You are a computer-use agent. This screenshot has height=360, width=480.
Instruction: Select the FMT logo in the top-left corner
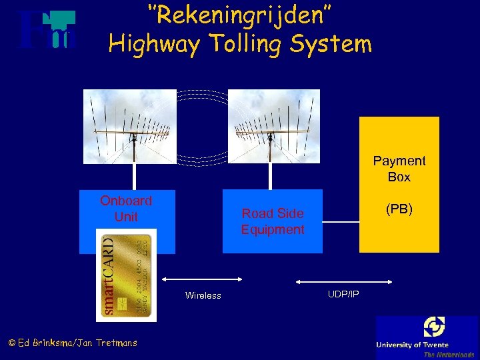pos(47,30)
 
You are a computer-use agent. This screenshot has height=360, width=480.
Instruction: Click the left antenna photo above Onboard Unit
pos(133,126)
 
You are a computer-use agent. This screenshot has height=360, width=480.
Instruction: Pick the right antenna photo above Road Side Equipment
pos(273,126)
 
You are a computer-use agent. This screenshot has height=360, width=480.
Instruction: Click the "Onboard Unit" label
pos(126,209)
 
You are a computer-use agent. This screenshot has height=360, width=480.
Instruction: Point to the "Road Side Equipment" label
pos(273,221)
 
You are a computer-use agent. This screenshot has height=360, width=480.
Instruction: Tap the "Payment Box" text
pos(399,169)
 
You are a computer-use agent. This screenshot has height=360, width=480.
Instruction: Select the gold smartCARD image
pos(126,275)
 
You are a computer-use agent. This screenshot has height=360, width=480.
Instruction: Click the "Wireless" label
pos(203,295)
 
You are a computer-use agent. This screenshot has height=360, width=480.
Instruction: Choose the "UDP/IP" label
pos(343,294)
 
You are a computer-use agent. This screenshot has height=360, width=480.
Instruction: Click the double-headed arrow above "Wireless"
pos(203,279)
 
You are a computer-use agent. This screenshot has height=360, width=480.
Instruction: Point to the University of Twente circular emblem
pos(434,327)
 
